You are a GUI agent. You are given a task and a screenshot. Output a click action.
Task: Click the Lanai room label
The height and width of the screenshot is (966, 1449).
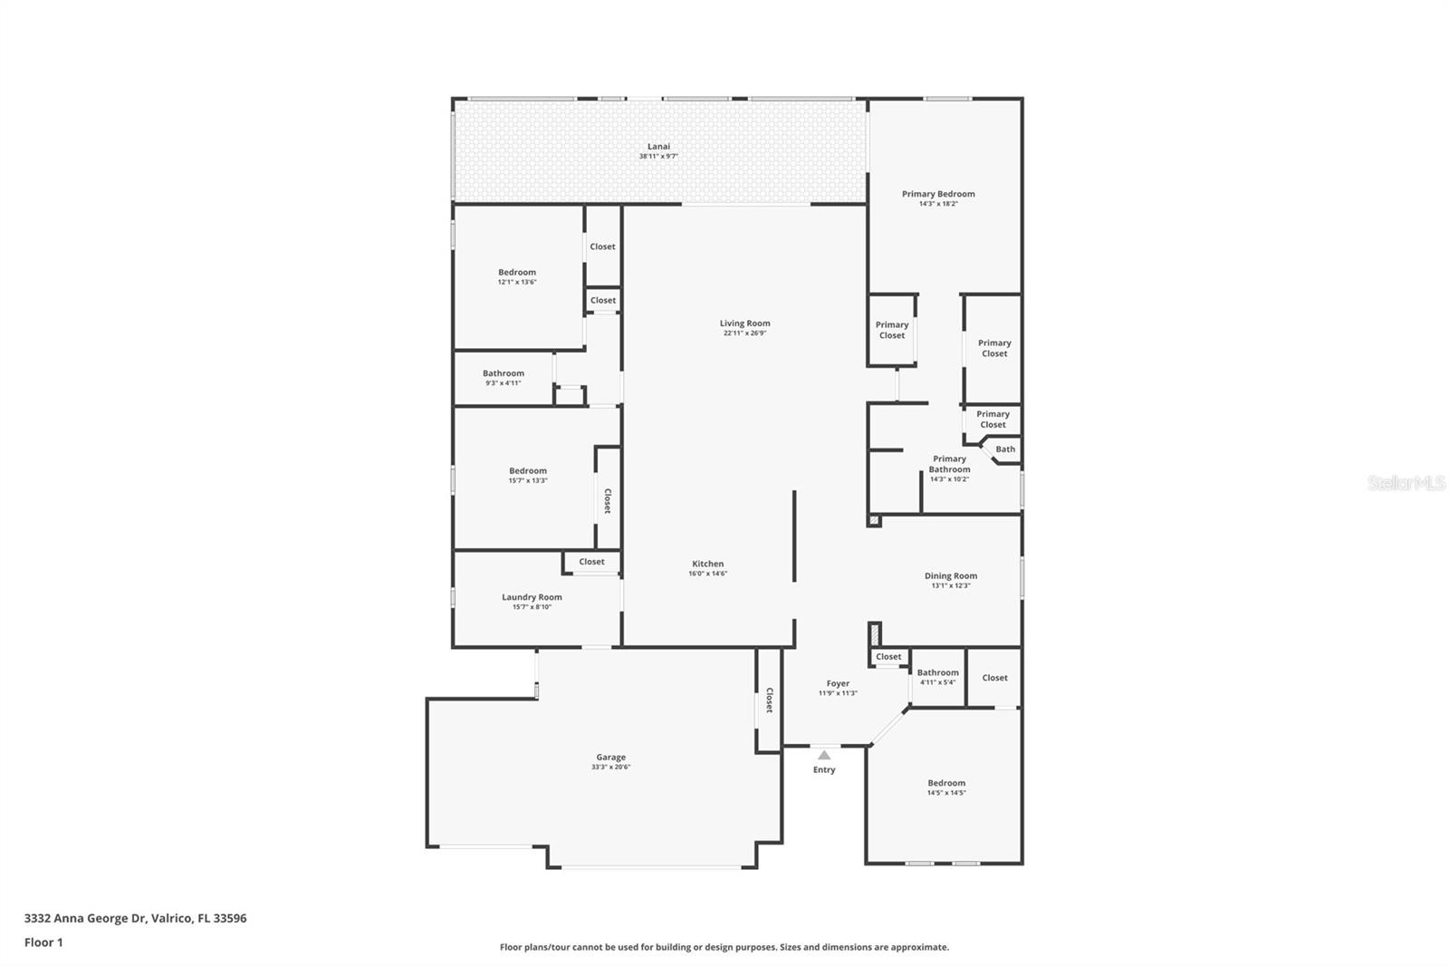coord(658,147)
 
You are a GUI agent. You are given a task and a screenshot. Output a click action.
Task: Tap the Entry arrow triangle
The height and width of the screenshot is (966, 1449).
coord(824,755)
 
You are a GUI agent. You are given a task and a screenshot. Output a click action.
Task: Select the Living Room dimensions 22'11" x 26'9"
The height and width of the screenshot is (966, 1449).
coord(744,333)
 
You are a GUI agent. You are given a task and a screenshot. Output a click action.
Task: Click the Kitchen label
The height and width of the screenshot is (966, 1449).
coord(707,564)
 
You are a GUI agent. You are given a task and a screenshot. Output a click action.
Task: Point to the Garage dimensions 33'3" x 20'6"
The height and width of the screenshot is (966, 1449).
coord(610,768)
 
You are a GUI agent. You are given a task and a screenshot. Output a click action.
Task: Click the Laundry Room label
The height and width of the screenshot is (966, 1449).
coord(532,597)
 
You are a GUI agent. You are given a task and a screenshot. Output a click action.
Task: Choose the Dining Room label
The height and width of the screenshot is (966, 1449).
coord(950,575)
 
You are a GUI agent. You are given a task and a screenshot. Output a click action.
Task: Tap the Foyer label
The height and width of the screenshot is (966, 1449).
coord(838,683)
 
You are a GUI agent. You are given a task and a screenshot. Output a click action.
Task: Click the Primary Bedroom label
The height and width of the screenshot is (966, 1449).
coord(938,194)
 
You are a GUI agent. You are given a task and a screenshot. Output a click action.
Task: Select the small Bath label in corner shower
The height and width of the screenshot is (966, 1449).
coord(1005,449)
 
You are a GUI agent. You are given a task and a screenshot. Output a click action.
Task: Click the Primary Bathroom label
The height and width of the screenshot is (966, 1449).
coord(949,464)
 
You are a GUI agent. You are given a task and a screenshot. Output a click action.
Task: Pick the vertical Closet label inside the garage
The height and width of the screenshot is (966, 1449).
coord(769,700)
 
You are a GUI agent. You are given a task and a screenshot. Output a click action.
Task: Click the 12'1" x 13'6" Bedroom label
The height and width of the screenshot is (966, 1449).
coord(517,272)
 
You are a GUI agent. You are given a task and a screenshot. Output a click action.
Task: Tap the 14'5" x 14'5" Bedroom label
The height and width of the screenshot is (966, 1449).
coord(946,783)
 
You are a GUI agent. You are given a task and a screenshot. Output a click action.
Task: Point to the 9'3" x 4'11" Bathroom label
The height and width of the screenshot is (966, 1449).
coord(504,373)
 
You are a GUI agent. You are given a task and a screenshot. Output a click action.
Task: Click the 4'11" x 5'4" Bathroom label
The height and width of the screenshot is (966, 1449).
coord(937,672)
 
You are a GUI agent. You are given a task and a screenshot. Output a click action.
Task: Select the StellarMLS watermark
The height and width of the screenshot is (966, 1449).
coord(1406,484)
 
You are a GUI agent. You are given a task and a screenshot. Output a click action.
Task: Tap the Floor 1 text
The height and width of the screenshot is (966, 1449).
coord(43,942)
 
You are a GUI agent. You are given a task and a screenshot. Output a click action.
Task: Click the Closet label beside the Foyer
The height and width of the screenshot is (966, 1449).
coord(888,657)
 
